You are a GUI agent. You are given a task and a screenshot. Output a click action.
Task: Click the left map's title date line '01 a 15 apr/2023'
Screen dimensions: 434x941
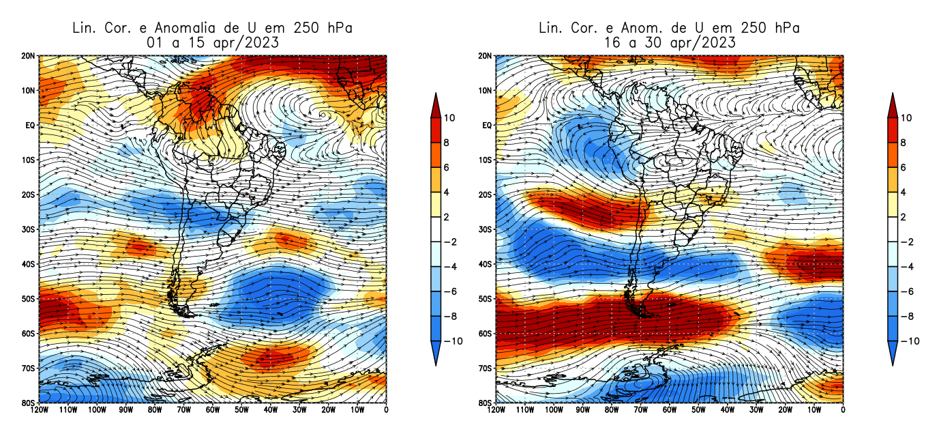point(213,42)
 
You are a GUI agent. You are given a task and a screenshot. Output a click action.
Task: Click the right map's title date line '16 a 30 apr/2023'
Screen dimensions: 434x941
point(669,42)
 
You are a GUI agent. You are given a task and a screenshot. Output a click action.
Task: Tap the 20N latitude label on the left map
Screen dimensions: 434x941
point(29,56)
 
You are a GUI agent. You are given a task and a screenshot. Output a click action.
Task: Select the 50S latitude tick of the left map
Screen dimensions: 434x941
point(29,299)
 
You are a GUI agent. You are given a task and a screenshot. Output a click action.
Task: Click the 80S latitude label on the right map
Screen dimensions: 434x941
point(486,403)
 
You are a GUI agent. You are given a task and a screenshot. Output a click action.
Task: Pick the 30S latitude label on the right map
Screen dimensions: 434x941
point(486,229)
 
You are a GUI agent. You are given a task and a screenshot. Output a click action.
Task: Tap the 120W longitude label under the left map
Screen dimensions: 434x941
point(40,411)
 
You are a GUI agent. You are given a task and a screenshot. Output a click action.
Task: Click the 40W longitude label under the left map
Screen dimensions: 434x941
point(271,411)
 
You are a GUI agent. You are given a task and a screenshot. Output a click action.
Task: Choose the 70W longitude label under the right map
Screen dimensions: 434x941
point(640,411)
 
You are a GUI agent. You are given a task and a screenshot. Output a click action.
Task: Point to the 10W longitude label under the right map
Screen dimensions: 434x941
point(814,411)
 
